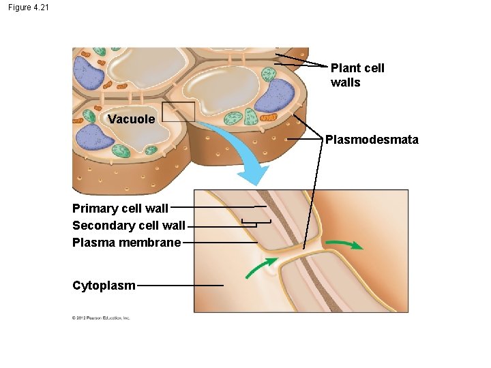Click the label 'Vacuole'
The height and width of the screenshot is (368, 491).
tap(131, 119)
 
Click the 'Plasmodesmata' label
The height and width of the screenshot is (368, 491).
tap(372, 140)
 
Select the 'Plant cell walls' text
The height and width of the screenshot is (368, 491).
tap(357, 75)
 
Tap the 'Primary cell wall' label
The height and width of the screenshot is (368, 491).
tap(120, 209)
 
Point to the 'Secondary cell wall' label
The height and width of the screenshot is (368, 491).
tap(128, 226)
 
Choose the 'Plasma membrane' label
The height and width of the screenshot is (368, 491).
tap(126, 243)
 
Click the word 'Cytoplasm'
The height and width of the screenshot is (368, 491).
tap(104, 286)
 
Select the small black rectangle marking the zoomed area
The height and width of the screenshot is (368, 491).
tap(179, 112)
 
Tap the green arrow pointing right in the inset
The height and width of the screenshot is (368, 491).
tap(344, 244)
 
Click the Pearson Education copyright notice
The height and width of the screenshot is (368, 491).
tap(101, 318)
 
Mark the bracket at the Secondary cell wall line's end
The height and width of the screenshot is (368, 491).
tap(256, 223)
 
